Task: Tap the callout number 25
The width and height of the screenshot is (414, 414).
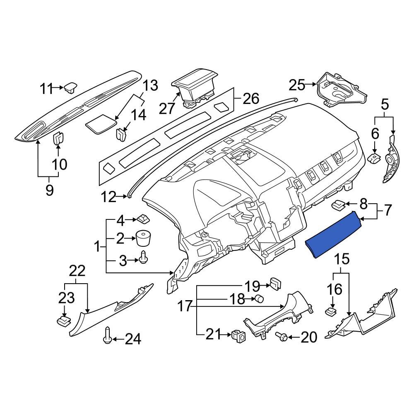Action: click(296, 86)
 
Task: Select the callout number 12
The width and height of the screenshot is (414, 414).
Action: click(110, 197)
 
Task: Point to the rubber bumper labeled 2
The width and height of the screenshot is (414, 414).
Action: click(143, 238)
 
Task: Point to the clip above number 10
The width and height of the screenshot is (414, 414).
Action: click(58, 137)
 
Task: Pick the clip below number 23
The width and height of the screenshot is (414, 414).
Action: click(63, 320)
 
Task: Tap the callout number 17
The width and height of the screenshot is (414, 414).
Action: click(185, 306)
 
